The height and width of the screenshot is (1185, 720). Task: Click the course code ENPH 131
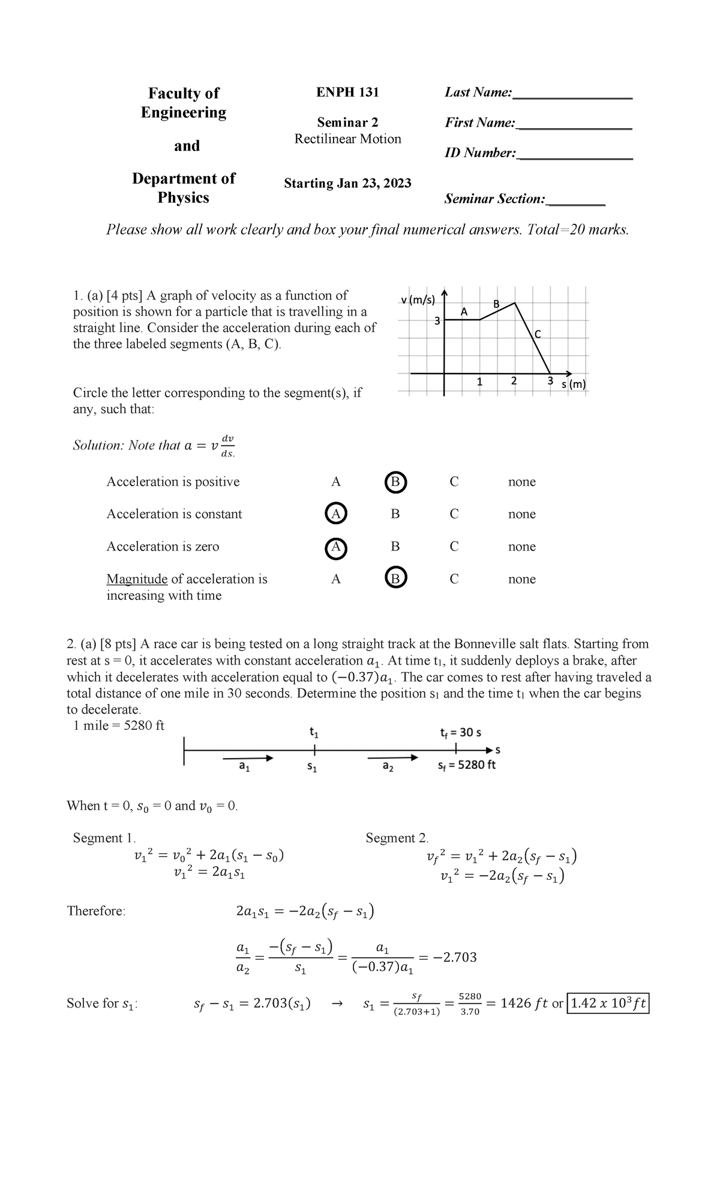347,92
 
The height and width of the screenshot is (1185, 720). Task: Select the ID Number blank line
574,158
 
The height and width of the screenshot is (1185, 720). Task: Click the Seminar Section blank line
577,204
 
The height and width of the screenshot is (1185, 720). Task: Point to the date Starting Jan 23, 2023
347,183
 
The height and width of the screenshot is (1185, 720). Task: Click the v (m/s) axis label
418,299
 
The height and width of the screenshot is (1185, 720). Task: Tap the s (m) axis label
574,384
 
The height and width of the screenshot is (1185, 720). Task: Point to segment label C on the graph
538,335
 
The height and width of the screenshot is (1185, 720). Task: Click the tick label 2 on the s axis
513,381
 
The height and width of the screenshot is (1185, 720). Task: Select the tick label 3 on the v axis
437,321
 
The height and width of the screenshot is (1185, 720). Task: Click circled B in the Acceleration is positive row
395,482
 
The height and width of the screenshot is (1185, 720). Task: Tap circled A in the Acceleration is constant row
335,514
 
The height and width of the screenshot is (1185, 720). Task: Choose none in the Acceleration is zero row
521,546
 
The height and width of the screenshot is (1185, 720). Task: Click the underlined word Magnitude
137,579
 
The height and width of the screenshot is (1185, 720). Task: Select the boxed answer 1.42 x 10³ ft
609,1003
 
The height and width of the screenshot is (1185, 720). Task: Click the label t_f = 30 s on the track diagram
460,732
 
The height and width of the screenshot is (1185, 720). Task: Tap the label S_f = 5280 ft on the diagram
467,765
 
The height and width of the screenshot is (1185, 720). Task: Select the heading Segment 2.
397,838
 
